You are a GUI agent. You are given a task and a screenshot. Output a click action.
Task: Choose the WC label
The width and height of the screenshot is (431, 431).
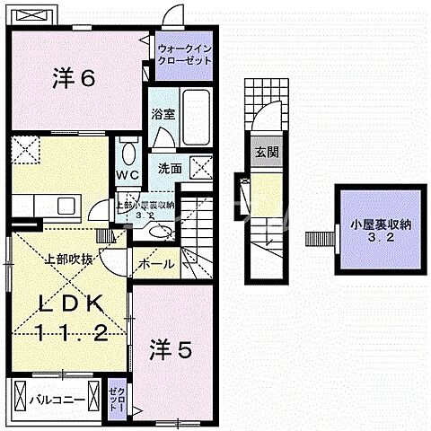(x=125, y=175)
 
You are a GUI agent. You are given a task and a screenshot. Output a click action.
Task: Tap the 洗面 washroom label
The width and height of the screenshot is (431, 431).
(x=170, y=168)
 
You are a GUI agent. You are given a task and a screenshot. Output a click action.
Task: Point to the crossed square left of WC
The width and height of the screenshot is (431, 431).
(x=25, y=148)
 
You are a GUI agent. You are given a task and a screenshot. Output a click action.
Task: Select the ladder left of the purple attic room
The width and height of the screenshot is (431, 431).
(x=318, y=237)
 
